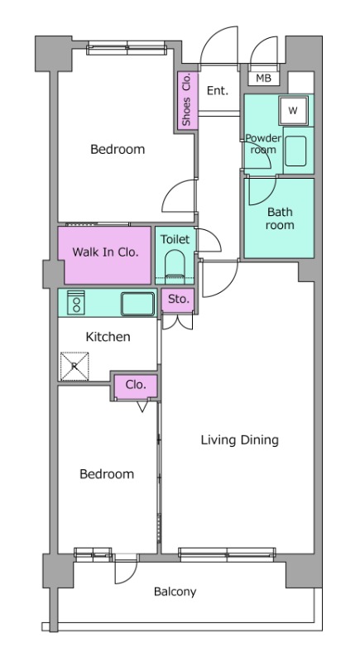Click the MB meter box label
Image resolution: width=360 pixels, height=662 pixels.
click(263, 79)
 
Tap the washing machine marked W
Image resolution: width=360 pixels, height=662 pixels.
click(293, 111)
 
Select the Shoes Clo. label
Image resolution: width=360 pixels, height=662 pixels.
click(186, 99)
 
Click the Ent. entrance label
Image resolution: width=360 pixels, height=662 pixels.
click(218, 90)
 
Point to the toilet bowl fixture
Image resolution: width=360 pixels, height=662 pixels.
click(175, 266)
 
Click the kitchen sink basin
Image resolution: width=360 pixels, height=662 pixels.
click(137, 304)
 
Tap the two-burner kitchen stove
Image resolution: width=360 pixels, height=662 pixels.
click(76, 302)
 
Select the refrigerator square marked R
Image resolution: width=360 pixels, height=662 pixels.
click(74, 366)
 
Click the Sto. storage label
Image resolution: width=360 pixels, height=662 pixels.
click(178, 300)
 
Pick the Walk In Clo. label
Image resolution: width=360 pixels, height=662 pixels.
click(105, 252)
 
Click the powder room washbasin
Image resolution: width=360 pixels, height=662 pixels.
click(295, 151)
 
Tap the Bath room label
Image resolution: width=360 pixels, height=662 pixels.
click(280, 218)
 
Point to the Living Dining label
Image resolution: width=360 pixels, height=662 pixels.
click(240, 440)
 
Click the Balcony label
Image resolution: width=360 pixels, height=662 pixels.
click(175, 592)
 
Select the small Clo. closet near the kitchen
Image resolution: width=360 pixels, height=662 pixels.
click(137, 385)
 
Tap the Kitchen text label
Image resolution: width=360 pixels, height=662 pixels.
click(108, 337)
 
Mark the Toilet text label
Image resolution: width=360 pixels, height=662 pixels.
click(175, 239)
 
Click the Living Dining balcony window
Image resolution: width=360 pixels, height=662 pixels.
click(227, 554)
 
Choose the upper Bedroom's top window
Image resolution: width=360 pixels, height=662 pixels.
click(127, 48)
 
